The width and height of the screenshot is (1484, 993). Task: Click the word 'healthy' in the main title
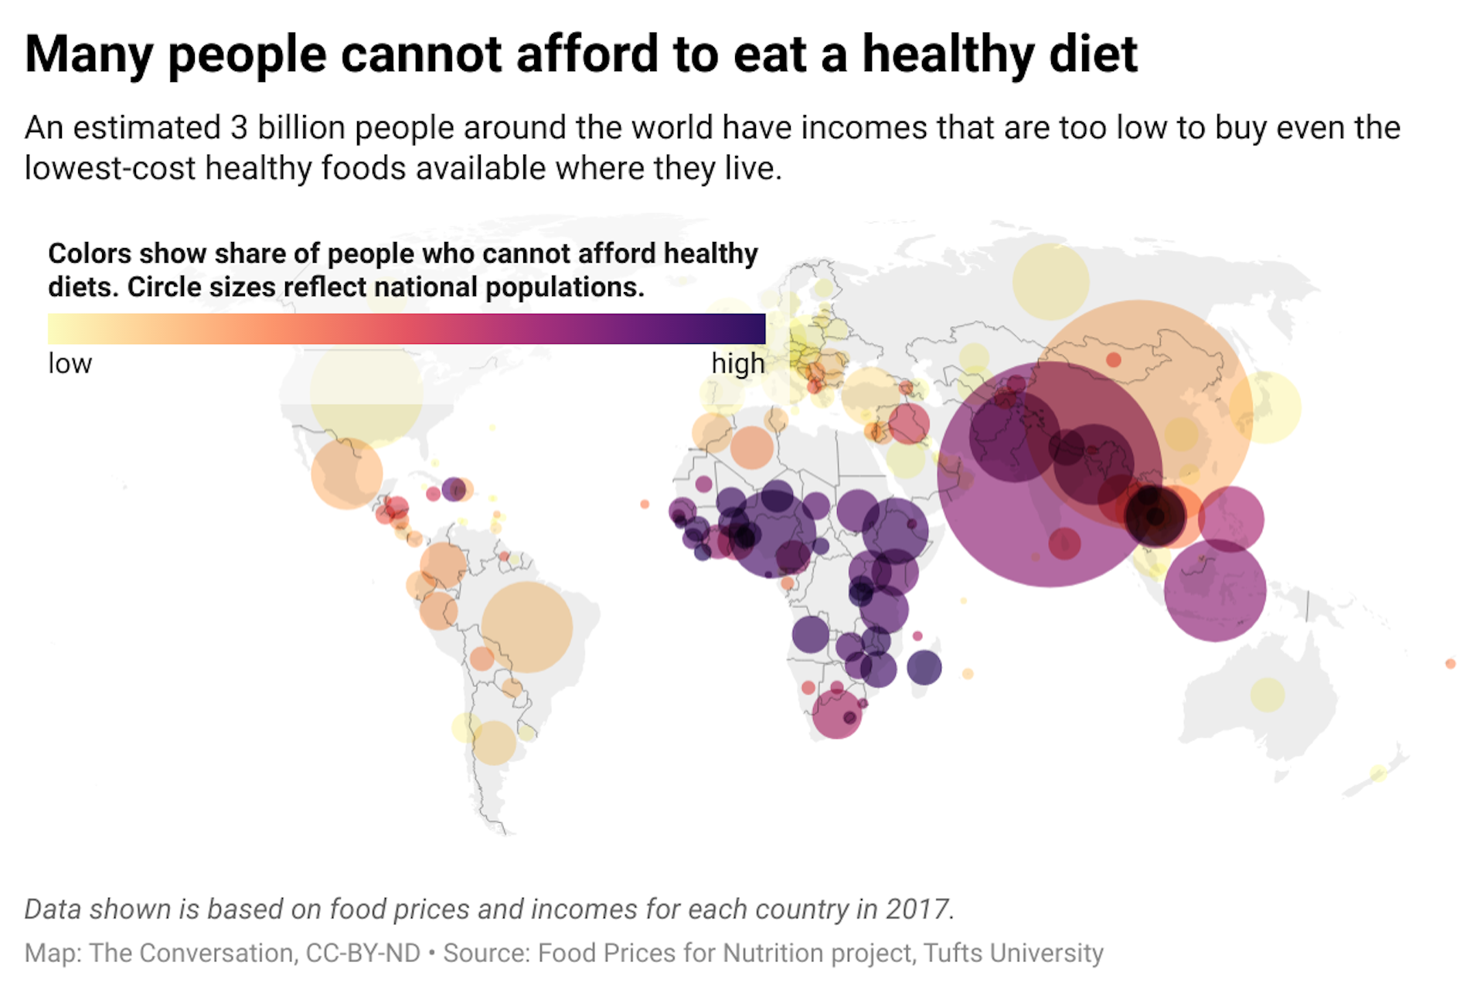click(948, 54)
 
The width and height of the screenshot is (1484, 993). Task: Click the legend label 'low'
click(70, 363)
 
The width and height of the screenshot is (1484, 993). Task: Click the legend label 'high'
click(737, 363)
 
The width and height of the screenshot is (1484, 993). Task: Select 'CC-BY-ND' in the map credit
click(362, 953)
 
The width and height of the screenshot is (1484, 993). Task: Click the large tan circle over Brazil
click(527, 627)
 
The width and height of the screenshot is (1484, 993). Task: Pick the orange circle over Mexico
click(346, 473)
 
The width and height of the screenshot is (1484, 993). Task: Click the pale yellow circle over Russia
click(1050, 281)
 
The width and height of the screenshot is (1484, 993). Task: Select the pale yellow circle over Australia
click(1267, 695)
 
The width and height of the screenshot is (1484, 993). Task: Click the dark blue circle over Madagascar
click(924, 667)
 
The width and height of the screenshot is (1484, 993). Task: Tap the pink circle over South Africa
click(836, 713)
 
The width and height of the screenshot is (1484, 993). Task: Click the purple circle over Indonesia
click(1214, 590)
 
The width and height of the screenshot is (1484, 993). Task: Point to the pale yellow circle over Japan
click(1265, 407)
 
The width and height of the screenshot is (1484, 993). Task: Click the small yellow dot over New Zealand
click(1378, 772)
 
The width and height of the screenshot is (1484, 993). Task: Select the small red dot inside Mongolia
click(1113, 359)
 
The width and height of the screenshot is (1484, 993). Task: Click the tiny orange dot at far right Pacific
click(1450, 663)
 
